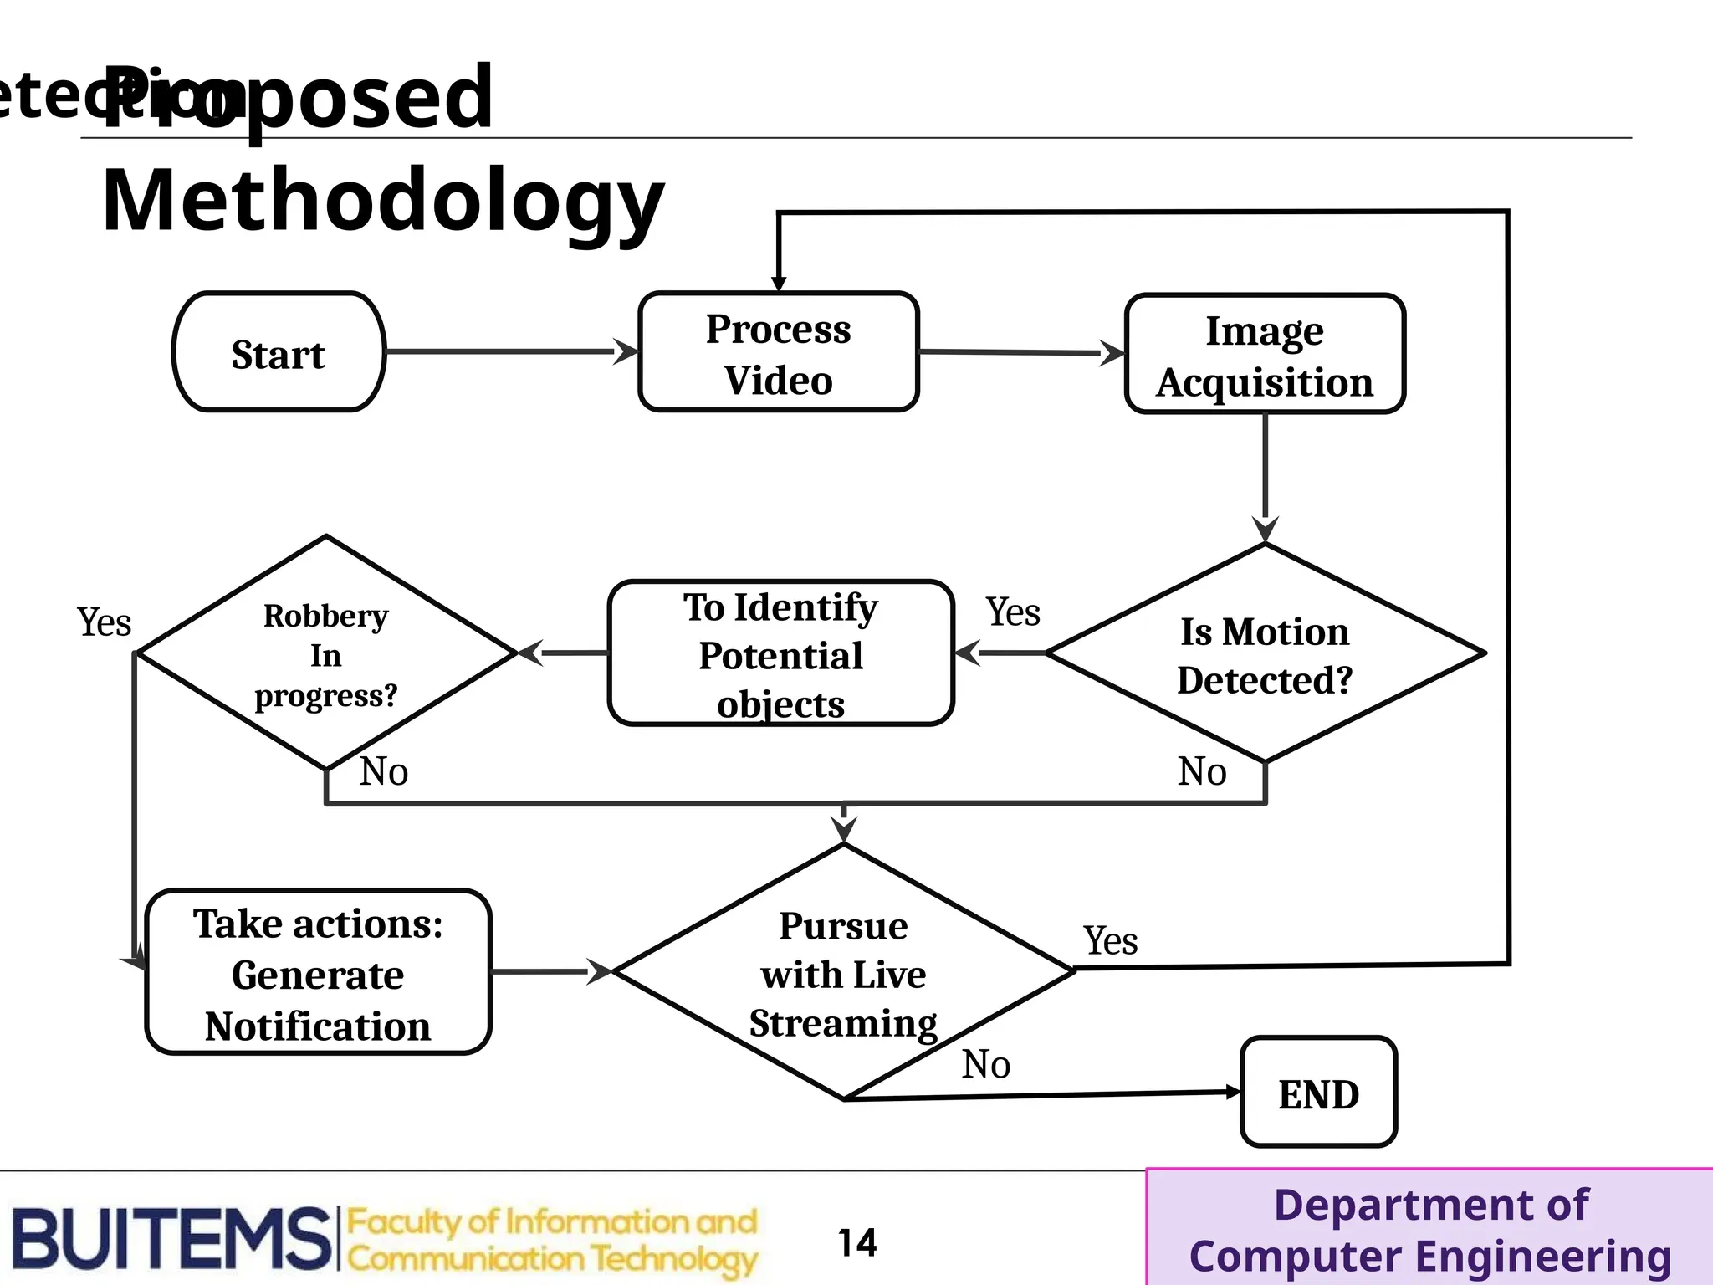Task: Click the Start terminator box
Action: [279, 352]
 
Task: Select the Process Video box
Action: [778, 352]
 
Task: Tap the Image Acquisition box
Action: [1265, 354]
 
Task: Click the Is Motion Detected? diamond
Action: [1265, 653]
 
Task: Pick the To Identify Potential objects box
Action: [780, 653]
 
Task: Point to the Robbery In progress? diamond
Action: [325, 653]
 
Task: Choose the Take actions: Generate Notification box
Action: [318, 973]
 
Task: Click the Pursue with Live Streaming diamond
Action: [843, 973]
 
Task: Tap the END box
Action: [1318, 1093]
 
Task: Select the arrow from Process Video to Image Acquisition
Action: [1020, 352]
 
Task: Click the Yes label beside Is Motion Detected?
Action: [1013, 612]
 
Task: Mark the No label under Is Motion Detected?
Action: [1202, 770]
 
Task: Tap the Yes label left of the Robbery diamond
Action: [105, 622]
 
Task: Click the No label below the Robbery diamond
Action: [384, 770]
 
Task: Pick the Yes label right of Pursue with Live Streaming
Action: [1111, 940]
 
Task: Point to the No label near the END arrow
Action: [986, 1064]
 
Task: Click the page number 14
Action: [857, 1242]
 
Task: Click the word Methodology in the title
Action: [382, 201]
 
